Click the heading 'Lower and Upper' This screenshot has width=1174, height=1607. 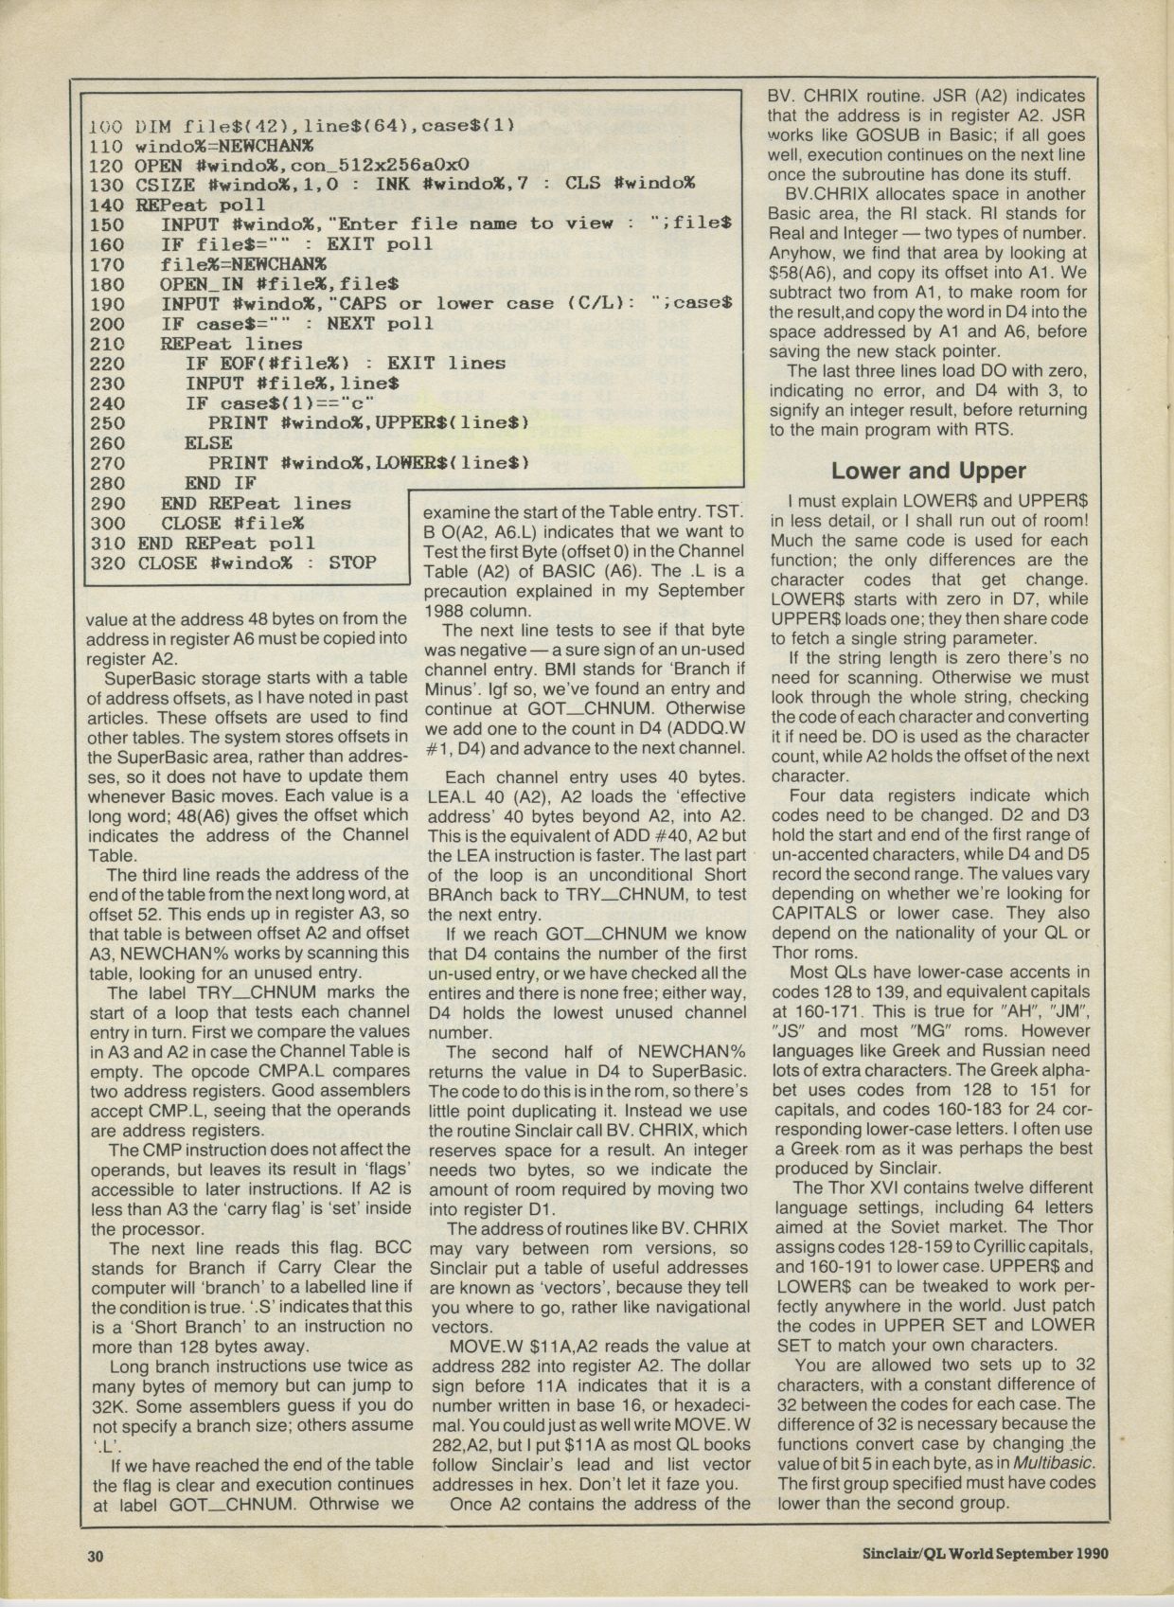click(928, 470)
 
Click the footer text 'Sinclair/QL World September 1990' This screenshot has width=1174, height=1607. click(985, 1554)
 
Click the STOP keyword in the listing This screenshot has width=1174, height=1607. click(352, 563)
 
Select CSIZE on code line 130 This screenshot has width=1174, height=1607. click(166, 185)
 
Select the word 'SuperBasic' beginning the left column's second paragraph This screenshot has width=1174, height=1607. click(151, 679)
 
